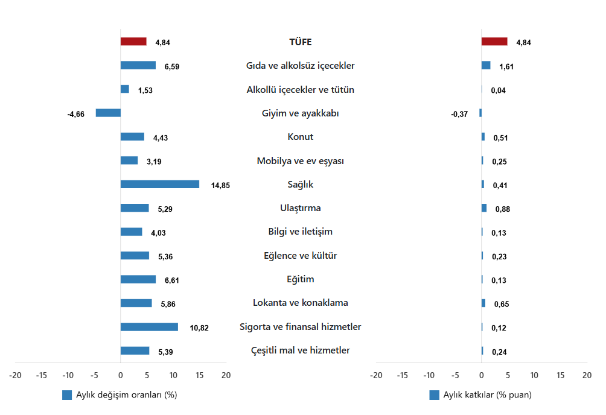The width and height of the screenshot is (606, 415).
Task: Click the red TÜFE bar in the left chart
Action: coord(133,42)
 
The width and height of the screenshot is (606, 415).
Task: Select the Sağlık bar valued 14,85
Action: coord(159,184)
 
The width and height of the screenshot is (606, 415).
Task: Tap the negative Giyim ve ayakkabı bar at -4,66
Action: coord(108,113)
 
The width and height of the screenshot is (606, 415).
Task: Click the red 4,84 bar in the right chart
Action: coord(494,42)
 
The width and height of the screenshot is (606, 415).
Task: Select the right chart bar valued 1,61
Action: coord(486,65)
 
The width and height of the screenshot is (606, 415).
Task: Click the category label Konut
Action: coord(300,137)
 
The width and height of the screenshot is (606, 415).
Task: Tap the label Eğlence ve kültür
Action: coord(300,256)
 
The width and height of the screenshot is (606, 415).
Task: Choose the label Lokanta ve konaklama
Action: coord(300,303)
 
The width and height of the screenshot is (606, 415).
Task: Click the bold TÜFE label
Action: coord(300,42)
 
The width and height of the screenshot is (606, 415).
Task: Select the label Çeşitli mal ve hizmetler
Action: coord(300,350)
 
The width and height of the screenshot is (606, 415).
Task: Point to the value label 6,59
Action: coord(171,66)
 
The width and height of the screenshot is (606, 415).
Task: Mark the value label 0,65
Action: coord(501,304)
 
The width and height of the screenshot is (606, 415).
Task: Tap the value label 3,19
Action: coord(154,162)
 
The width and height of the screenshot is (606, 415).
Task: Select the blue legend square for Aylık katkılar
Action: coord(434,395)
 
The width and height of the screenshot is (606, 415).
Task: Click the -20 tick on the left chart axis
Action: coord(15,375)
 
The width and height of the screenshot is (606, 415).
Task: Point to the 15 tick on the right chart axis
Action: coord(561,375)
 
